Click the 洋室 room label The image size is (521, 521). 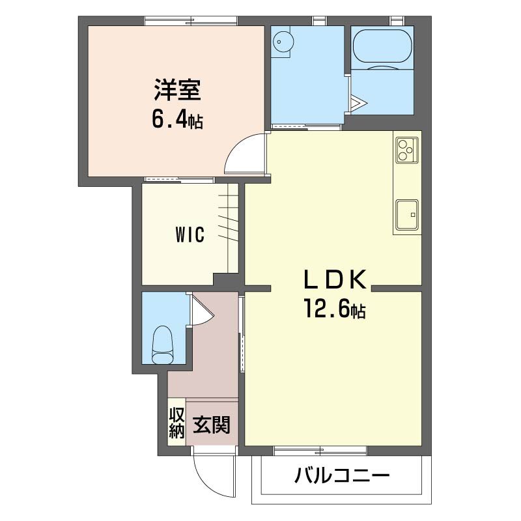click(x=177, y=89)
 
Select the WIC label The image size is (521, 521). click(x=190, y=235)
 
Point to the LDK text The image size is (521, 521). click(x=335, y=279)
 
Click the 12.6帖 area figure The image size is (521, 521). click(x=335, y=309)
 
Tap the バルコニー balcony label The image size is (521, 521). click(x=342, y=476)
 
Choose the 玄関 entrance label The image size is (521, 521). click(x=212, y=425)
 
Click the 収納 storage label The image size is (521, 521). click(x=176, y=423)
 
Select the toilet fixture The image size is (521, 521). click(x=163, y=345)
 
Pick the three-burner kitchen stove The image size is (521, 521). click(x=407, y=150)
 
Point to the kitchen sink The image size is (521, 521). click(x=407, y=215)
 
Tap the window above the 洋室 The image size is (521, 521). click(x=191, y=21)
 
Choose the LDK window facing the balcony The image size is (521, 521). click(x=320, y=451)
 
